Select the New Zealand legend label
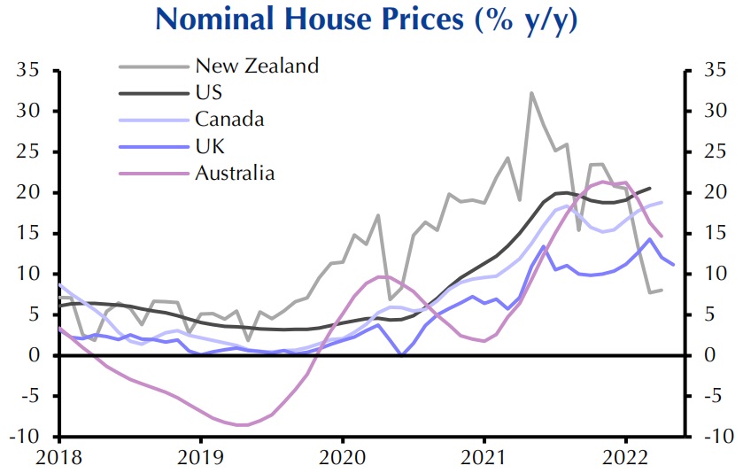point(256,66)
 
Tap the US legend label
point(209,92)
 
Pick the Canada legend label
point(229,119)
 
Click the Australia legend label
point(235,172)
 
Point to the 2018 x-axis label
point(59,457)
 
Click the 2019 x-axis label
point(201,457)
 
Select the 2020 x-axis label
point(343,457)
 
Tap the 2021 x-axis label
point(484,457)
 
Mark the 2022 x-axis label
point(626,457)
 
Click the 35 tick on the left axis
point(33,71)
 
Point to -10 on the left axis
point(29,437)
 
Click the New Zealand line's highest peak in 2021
point(531,92)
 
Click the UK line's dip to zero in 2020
point(401,354)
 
